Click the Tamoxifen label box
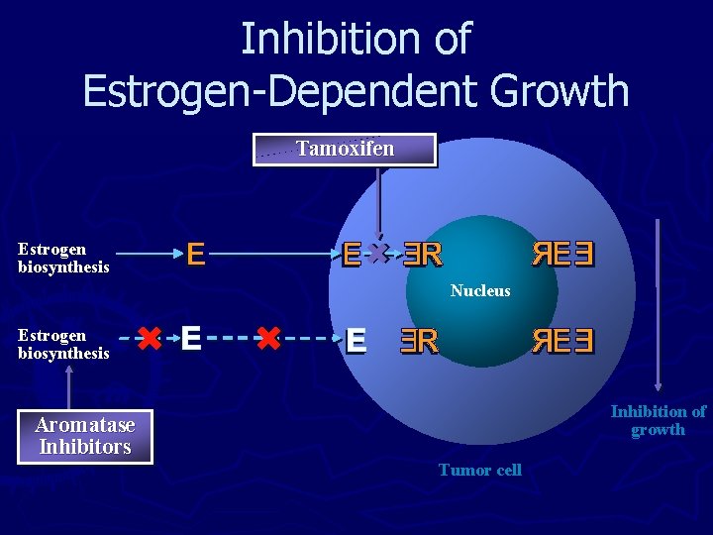click(345, 150)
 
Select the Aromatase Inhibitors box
click(85, 436)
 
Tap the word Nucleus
click(480, 290)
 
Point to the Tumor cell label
click(480, 470)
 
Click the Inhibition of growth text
click(659, 420)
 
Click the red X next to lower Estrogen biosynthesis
click(150, 340)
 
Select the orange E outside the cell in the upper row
click(195, 256)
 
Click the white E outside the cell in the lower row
click(191, 339)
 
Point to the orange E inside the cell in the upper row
click(351, 256)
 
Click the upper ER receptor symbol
click(421, 256)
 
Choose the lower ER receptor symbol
click(419, 341)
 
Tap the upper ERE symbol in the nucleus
click(562, 256)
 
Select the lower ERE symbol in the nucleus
click(562, 341)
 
